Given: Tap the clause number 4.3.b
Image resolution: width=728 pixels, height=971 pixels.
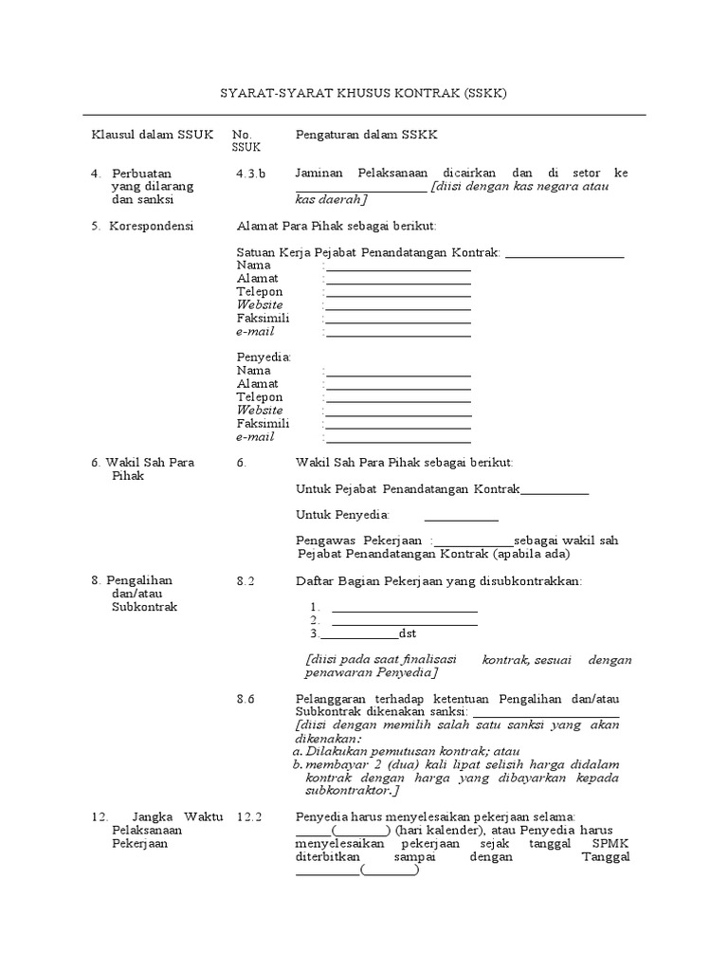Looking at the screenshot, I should pos(251,174).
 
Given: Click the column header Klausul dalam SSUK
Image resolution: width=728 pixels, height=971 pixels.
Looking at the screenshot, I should pos(152,135).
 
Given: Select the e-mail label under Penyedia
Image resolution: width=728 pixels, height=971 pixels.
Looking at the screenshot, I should pos(255,437).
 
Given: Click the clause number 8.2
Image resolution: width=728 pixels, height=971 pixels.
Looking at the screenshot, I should pos(246,579).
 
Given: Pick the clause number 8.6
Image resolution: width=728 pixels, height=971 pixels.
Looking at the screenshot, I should pos(246,699).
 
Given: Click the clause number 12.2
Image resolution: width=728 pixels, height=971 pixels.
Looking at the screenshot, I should pos(248,816).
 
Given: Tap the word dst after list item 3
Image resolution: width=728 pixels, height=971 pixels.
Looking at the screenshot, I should pos(407,633).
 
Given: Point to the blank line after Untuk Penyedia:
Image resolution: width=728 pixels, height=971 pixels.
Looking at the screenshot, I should pos(461,517).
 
